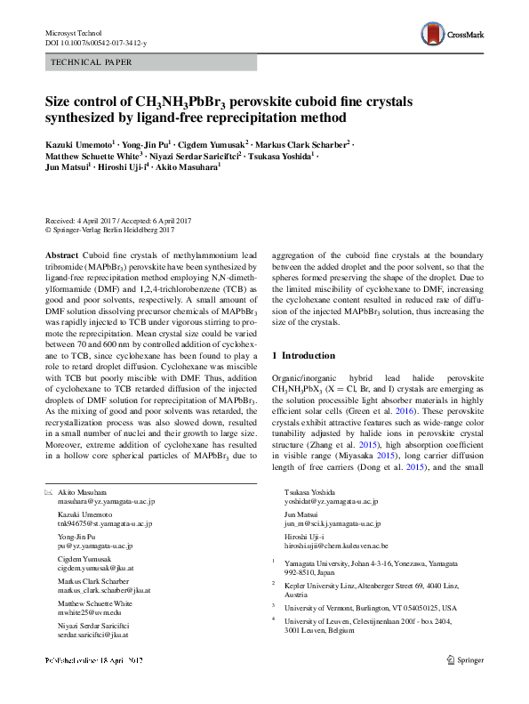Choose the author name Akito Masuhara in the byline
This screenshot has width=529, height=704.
(x=192, y=167)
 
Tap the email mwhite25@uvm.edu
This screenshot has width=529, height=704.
(x=87, y=613)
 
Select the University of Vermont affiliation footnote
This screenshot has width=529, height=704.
(x=369, y=608)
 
